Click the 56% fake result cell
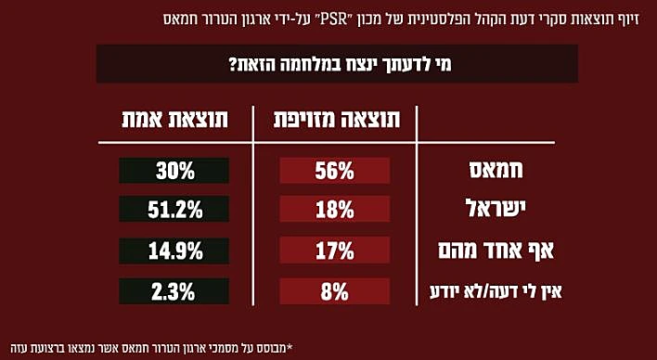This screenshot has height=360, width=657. click(334, 171)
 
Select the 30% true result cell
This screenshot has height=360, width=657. click(174, 171)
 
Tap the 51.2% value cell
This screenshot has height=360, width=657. click(174, 211)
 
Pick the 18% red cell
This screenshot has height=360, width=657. click(334, 211)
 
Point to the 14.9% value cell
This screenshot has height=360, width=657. click(174, 251)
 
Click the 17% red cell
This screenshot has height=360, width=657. click(334, 251)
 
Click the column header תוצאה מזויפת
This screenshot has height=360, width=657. click(335, 120)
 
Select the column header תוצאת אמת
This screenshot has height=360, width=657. click(174, 120)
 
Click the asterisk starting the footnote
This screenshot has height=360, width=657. click(291, 348)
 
